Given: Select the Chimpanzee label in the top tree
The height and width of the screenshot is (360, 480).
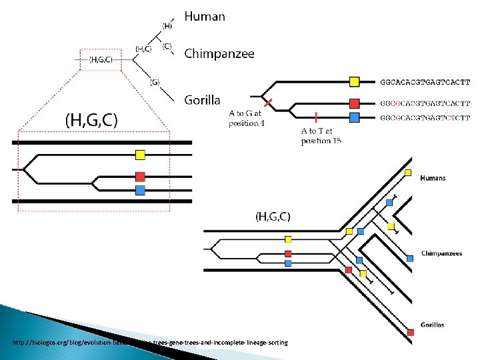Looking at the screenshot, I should click(219, 54).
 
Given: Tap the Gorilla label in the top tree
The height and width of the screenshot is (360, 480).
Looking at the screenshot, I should click(202, 100).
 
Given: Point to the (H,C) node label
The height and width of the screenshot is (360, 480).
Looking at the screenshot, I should click(143, 49).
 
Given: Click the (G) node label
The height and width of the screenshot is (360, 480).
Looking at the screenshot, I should click(155, 82).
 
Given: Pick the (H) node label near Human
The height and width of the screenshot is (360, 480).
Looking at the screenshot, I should click(167, 26).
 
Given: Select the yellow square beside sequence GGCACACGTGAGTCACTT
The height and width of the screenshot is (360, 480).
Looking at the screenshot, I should click(355, 82).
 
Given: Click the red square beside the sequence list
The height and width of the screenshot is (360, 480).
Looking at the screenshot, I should click(355, 103).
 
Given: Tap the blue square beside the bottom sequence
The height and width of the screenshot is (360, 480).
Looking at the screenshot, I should click(355, 117).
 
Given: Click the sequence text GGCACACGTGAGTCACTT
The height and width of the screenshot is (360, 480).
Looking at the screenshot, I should click(425, 83).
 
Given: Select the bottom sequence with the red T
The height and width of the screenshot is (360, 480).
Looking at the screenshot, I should click(425, 118).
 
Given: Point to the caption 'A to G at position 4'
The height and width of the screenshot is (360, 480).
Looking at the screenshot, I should click(247, 119).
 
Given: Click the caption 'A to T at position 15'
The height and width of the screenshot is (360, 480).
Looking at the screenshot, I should click(321, 136).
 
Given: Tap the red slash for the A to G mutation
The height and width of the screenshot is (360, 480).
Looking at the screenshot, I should click(267, 103).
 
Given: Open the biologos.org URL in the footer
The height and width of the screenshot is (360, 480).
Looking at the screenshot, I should click(150, 343).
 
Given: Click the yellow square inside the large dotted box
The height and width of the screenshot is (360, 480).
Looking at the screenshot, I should click(140, 155).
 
